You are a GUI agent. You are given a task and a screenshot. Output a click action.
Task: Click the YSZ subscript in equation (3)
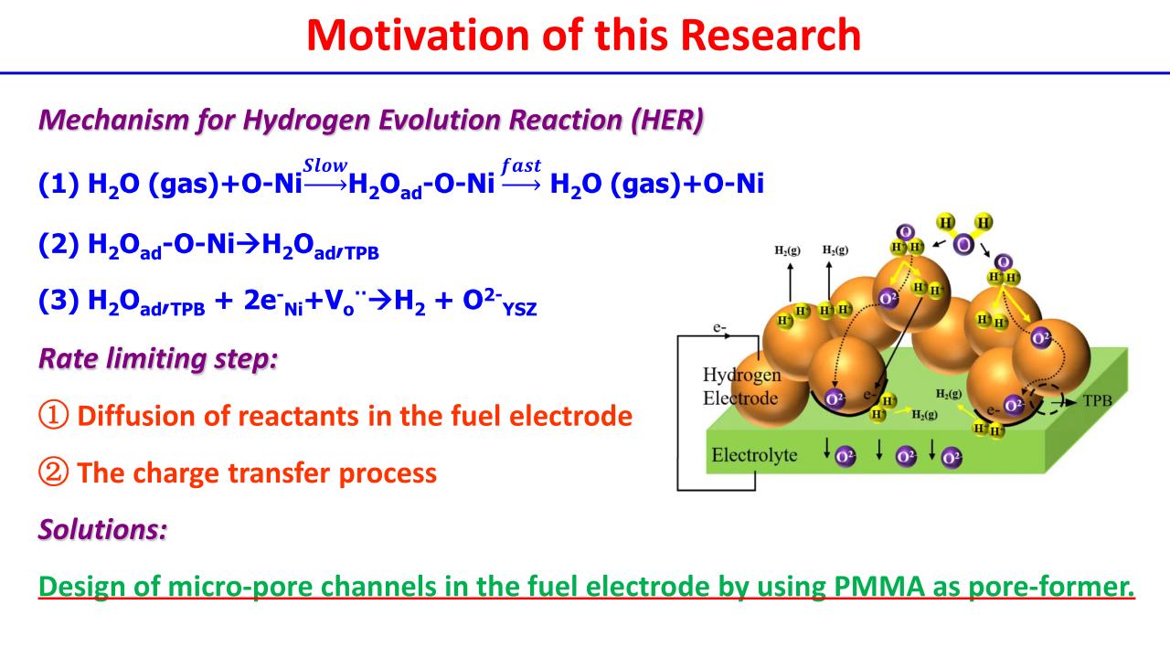pos(518,313)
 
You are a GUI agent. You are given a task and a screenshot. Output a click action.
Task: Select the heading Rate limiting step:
pos(157,358)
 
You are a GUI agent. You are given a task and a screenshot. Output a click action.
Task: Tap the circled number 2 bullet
pos(54,473)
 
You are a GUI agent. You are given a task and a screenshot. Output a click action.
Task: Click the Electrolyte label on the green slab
pos(756,454)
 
